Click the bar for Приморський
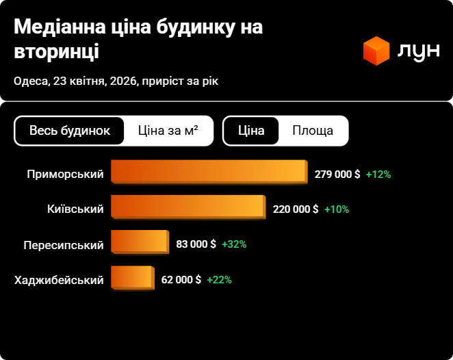(209, 172)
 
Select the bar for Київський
(187, 207)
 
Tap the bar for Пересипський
(139, 242)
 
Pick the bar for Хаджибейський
(132, 277)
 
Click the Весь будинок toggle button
(70, 131)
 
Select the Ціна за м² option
(168, 131)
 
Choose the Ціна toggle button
(251, 131)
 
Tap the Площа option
(313, 131)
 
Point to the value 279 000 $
(337, 175)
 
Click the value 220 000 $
(295, 209)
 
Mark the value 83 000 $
(196, 244)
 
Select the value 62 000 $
(181, 280)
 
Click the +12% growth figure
(378, 175)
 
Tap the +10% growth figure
(336, 209)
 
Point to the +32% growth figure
(234, 244)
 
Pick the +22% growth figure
(219, 280)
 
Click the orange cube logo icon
(376, 51)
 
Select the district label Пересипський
(64, 245)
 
